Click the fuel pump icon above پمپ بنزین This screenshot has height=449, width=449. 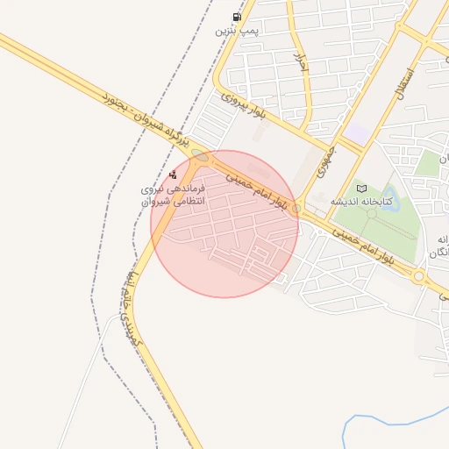[236, 18]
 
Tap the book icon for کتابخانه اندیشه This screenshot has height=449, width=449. [362, 188]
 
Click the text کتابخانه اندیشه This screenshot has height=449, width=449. [360, 202]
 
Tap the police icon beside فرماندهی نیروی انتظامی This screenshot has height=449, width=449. [173, 175]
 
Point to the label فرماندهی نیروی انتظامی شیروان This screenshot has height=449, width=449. [173, 195]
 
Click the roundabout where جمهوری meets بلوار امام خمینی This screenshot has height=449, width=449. [296, 209]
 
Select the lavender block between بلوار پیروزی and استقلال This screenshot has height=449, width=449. [357, 134]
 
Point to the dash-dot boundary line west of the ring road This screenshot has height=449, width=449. [115, 263]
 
